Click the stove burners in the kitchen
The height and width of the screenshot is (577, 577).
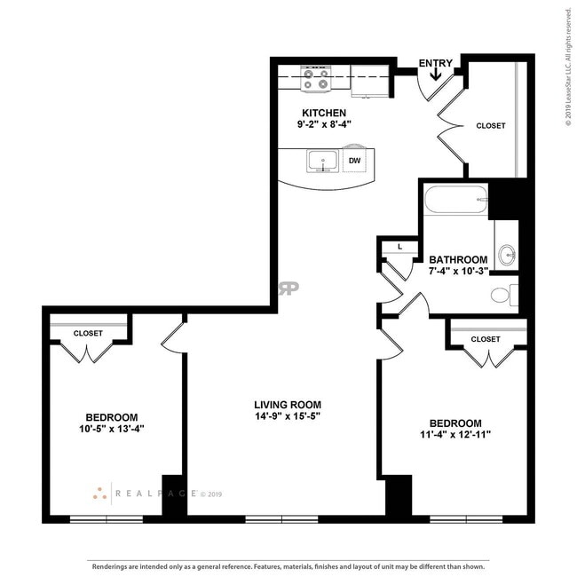pyautogui.click(x=315, y=78)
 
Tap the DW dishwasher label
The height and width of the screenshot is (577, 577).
pyautogui.click(x=354, y=161)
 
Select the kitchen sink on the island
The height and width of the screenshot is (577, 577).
pyautogui.click(x=321, y=162)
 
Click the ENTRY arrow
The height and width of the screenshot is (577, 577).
pyautogui.click(x=436, y=73)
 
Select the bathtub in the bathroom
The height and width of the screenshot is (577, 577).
pyautogui.click(x=455, y=200)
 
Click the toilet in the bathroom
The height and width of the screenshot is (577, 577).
pyautogui.click(x=503, y=295)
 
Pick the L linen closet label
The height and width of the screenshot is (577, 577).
pyautogui.click(x=399, y=246)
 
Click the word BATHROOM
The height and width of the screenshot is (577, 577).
pyautogui.click(x=458, y=259)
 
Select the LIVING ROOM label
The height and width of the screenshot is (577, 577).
pyautogui.click(x=288, y=404)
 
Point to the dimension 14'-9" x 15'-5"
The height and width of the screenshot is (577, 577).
pyautogui.click(x=288, y=415)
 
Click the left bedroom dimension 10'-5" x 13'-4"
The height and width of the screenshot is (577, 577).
pyautogui.click(x=111, y=429)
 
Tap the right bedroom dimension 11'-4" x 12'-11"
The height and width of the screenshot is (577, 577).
pyautogui.click(x=454, y=434)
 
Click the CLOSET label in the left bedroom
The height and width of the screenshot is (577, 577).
pyautogui.click(x=88, y=333)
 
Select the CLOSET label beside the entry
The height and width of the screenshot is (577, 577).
pyautogui.click(x=490, y=126)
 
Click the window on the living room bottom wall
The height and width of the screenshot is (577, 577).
pyautogui.click(x=269, y=518)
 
